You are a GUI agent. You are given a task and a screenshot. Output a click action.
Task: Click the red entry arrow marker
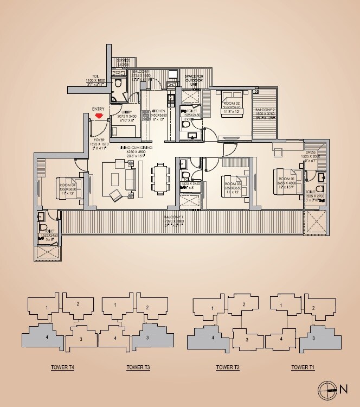[99, 116]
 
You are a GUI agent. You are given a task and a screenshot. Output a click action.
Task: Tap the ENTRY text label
[99, 109]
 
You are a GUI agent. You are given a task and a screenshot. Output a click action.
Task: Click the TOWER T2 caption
[228, 367]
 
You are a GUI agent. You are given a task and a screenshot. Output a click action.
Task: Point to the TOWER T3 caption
[138, 367]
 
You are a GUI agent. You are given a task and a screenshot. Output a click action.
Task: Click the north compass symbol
[327, 388]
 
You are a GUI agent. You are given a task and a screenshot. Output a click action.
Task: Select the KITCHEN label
[159, 110]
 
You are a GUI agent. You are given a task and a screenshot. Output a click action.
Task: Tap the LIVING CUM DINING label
[140, 147]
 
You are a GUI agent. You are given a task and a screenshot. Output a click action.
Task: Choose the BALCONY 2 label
[266, 110]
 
